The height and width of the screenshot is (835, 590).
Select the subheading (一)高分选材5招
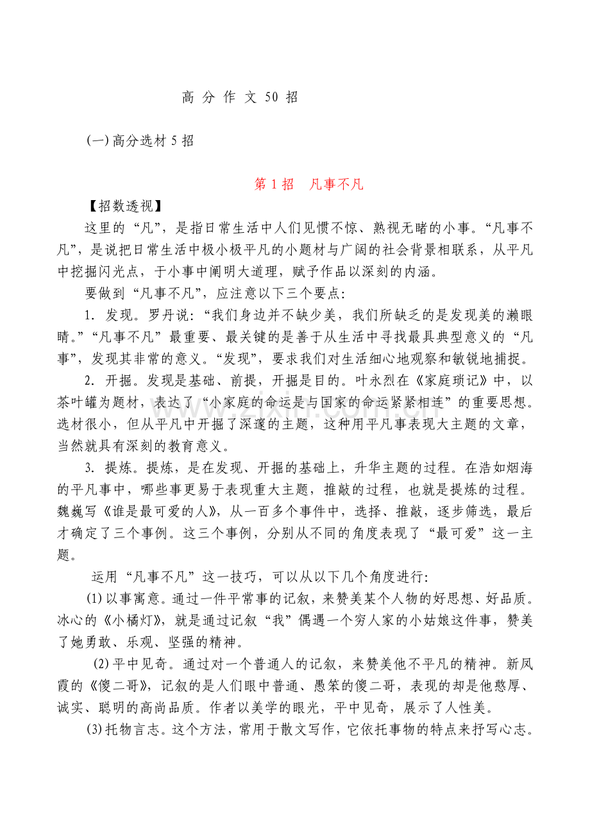[140, 141]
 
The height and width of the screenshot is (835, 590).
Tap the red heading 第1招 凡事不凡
[308, 185]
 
